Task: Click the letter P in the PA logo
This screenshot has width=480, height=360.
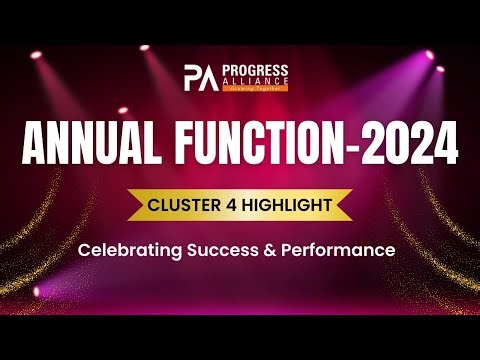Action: tap(194, 77)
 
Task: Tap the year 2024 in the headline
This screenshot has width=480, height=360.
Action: tap(410, 143)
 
